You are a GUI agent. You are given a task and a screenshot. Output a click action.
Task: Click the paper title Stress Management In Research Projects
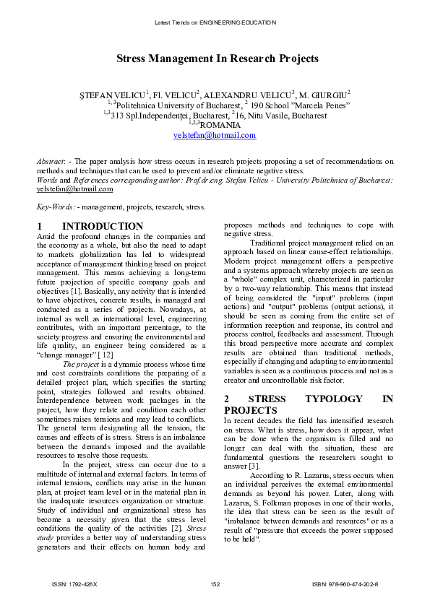[215, 58]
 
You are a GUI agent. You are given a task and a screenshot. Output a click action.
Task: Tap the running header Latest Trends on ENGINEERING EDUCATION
[215, 22]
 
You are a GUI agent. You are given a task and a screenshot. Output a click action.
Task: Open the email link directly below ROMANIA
[215, 135]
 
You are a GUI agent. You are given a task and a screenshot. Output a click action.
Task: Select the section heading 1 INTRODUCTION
[90, 226]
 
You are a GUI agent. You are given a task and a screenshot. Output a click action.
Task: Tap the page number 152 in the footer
[215, 583]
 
